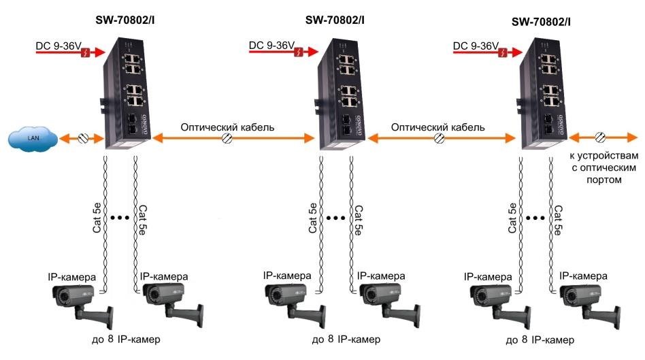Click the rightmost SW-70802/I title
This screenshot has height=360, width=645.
point(541,22)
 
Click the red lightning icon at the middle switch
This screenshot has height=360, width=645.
point(297,51)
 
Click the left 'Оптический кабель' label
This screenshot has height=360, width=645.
point(227,127)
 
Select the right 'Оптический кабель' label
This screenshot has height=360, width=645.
point(439,127)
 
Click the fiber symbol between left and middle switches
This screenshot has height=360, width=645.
point(229,138)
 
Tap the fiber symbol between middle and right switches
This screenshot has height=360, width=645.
point(440,138)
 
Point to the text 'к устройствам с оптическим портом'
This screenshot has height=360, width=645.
point(603,168)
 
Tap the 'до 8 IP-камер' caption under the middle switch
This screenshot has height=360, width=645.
point(346,339)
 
